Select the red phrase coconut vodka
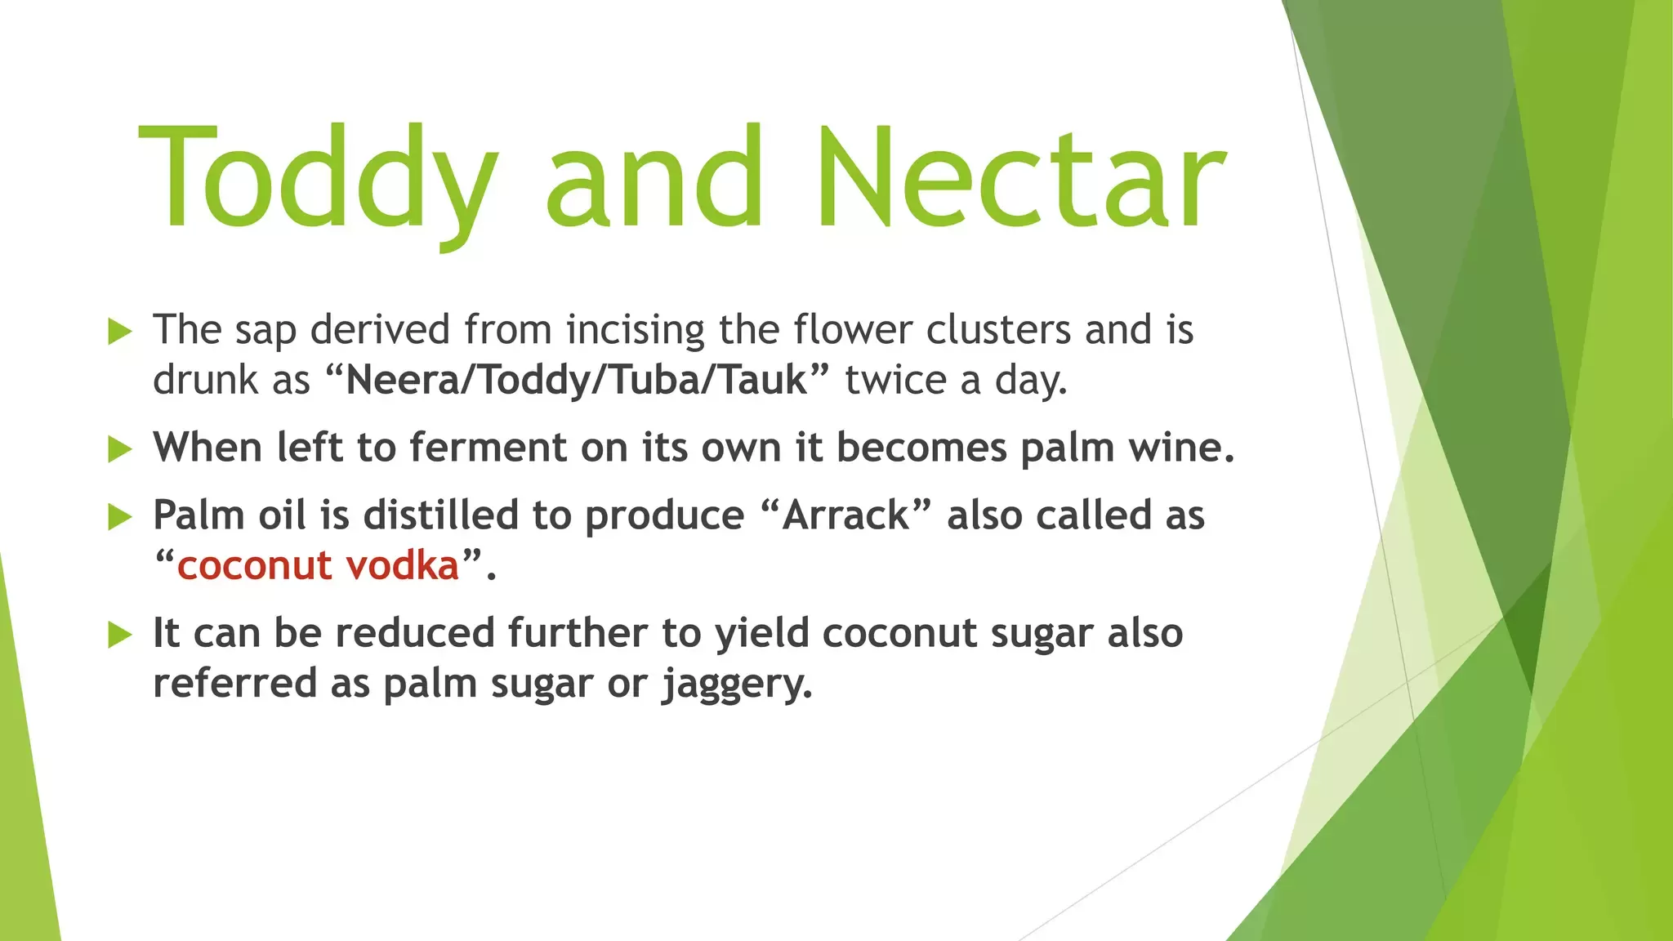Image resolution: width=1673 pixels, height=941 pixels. (318, 565)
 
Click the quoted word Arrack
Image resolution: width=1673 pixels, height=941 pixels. (845, 515)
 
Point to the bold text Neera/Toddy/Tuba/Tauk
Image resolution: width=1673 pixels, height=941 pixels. (576, 381)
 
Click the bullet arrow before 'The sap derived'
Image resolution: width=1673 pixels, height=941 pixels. (119, 332)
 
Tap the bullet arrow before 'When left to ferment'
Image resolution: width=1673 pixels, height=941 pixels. (119, 449)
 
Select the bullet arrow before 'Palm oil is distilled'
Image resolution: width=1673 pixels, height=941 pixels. (119, 517)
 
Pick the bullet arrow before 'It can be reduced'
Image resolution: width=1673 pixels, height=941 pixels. (119, 635)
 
